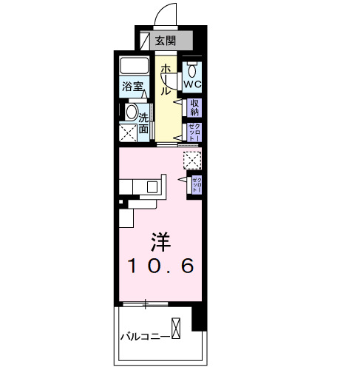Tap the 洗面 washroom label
click(144, 123)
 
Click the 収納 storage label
click(196, 108)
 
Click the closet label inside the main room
click(197, 184)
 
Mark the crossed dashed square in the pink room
click(192, 160)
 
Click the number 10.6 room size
click(162, 265)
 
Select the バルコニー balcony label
click(145, 336)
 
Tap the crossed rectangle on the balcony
click(176, 327)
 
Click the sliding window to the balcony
click(146, 304)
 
